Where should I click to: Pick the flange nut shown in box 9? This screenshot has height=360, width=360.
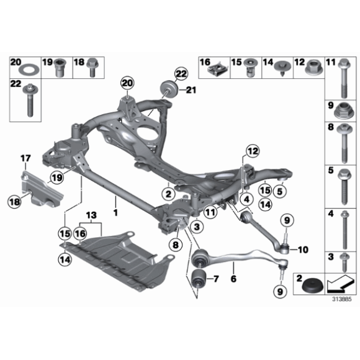(343, 113)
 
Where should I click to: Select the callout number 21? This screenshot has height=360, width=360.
(190, 91)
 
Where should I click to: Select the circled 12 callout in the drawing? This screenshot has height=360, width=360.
(250, 151)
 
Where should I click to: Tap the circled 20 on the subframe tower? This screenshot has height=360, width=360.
(128, 83)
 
